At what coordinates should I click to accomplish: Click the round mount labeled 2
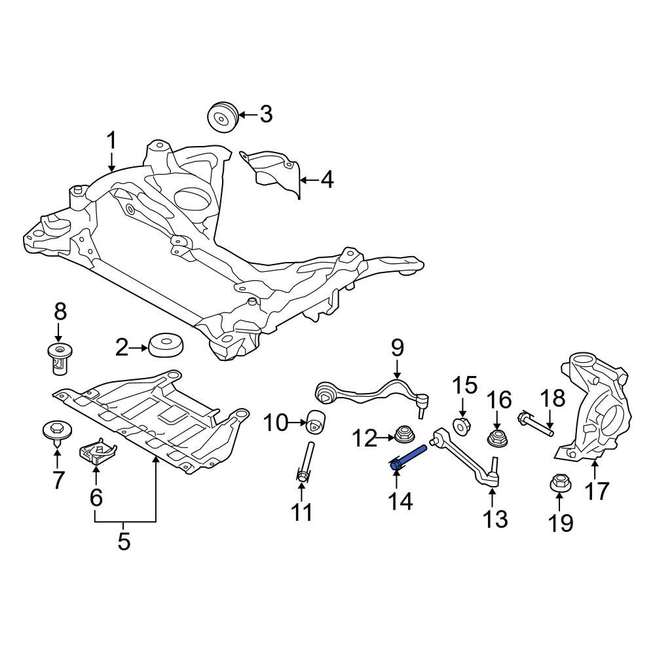[x=165, y=346]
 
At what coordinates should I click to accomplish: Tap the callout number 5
[x=124, y=542]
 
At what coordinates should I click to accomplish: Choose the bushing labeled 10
[x=317, y=421]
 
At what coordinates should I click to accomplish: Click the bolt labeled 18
[x=536, y=423]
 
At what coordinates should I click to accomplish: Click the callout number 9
[x=398, y=347]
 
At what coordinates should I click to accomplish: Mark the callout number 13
[x=495, y=519]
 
